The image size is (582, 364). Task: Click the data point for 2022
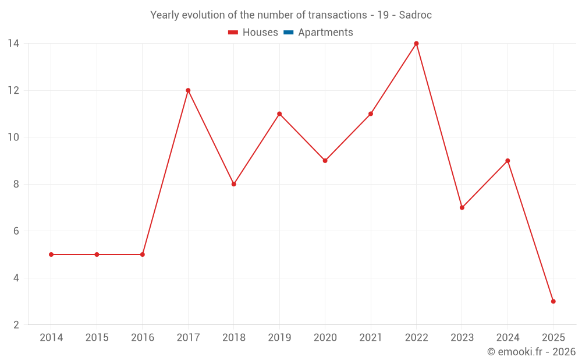416,44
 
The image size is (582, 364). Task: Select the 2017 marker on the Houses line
188,90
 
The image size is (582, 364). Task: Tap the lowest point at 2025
553,301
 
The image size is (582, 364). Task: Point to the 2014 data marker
51,255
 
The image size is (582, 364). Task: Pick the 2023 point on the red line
462,207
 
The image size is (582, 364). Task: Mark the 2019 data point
279,114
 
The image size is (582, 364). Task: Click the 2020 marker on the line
325,161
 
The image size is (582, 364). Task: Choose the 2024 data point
508,161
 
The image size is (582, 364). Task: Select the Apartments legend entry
325,33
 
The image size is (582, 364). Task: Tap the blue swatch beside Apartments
288,33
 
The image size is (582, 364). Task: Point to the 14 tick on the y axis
13,44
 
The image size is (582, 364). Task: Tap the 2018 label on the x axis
233,338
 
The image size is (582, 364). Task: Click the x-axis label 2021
371,338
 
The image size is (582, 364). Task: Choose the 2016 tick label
143,338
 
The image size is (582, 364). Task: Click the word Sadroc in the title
415,15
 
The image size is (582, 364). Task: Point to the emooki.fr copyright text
531,352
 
